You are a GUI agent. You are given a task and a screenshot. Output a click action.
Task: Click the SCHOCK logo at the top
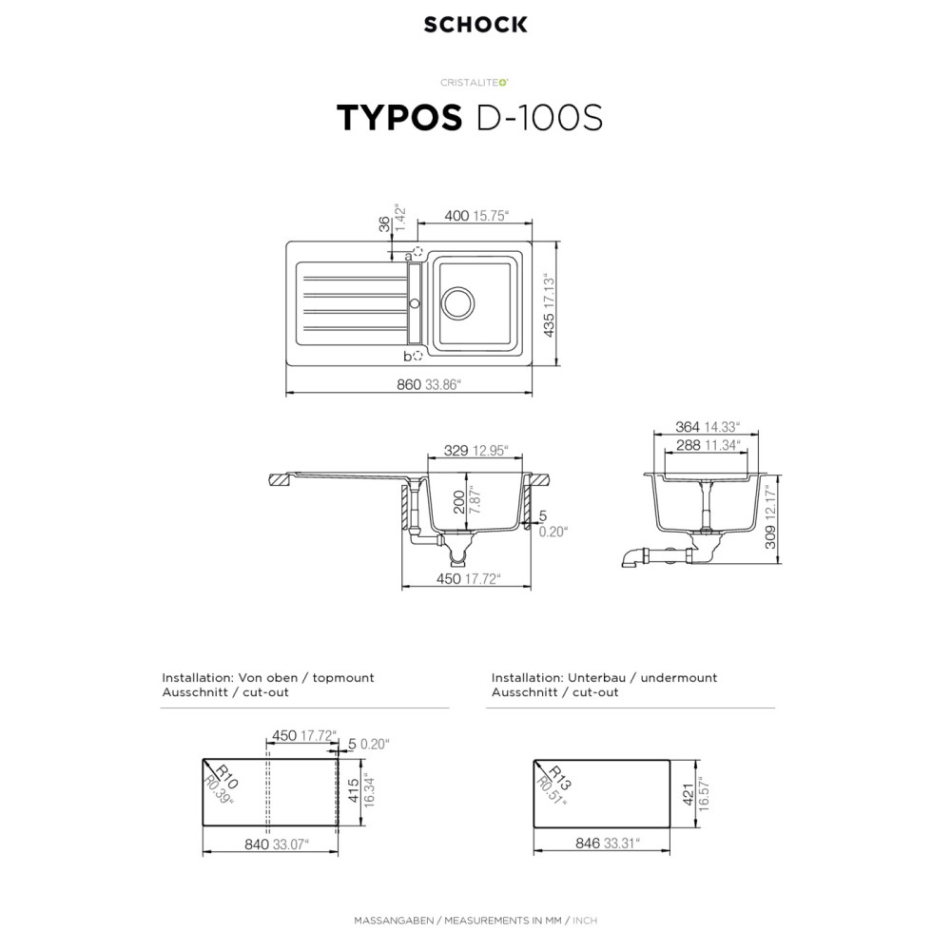pyautogui.click(x=475, y=25)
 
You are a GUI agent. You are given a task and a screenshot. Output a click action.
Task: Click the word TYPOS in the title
pyautogui.click(x=399, y=118)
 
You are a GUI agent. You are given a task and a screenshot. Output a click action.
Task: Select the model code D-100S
pyautogui.click(x=540, y=118)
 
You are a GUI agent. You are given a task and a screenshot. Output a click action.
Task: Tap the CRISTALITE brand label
pyautogui.click(x=475, y=83)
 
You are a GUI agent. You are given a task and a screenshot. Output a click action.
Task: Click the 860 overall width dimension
pyautogui.click(x=409, y=384)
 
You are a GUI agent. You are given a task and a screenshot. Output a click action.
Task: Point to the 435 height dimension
pyautogui.click(x=549, y=325)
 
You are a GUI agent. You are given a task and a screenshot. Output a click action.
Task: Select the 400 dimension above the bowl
pyautogui.click(x=456, y=215)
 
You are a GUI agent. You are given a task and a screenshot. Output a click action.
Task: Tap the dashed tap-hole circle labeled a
pyautogui.click(x=417, y=251)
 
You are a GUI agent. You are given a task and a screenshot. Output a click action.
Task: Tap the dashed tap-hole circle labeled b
pyautogui.click(x=417, y=356)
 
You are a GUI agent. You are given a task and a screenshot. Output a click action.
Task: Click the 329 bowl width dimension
pyautogui.click(x=456, y=450)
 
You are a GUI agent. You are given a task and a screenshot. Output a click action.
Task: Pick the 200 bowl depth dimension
pyautogui.click(x=459, y=502)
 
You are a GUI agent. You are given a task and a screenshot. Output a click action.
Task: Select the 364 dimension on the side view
pyautogui.click(x=688, y=427)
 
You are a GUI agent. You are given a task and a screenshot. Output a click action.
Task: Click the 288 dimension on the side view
pyautogui.click(x=689, y=445)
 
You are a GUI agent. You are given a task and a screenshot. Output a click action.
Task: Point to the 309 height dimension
pyautogui.click(x=770, y=536)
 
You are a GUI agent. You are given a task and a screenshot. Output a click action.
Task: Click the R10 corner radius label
pyautogui.click(x=228, y=777)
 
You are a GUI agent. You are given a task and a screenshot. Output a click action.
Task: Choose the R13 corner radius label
pyautogui.click(x=560, y=778)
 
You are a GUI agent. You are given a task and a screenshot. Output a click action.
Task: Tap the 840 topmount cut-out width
pyautogui.click(x=257, y=844)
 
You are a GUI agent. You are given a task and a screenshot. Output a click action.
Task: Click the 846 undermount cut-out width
pyautogui.click(x=588, y=843)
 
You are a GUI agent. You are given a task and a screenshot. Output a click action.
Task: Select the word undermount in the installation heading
pyautogui.click(x=679, y=677)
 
